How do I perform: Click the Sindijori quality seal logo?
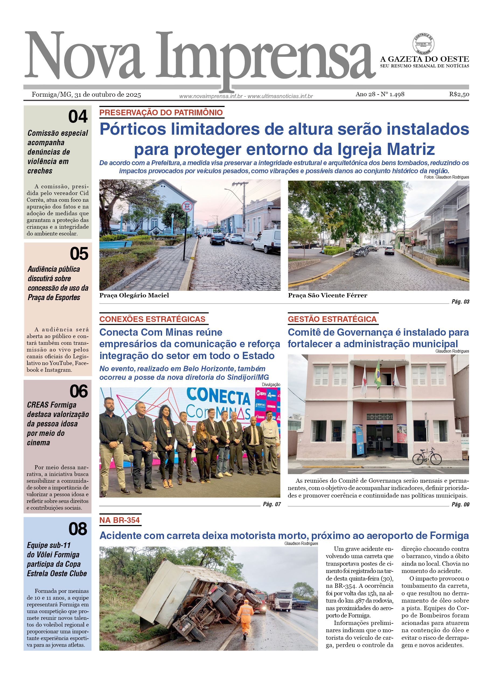point(423,44)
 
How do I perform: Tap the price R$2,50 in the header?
point(459,94)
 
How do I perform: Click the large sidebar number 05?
point(79,254)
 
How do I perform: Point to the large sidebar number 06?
point(79,391)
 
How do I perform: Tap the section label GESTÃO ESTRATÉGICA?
point(332,319)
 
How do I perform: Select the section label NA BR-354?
point(120,520)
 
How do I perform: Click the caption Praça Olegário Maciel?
point(134,296)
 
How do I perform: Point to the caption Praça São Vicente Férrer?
point(327,296)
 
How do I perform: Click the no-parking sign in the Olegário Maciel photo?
point(187,207)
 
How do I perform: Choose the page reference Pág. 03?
point(460,302)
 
